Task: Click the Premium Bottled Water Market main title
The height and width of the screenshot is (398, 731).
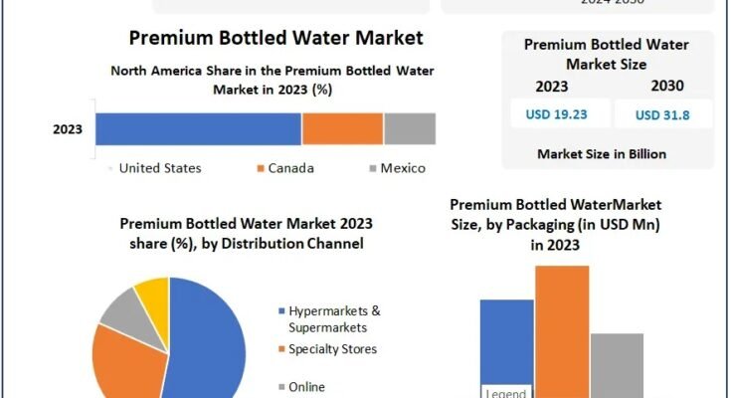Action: (275, 38)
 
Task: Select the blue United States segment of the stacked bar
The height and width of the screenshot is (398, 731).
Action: (198, 128)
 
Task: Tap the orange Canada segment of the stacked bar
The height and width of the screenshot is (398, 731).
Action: (342, 128)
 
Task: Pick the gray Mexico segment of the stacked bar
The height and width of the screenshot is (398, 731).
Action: (410, 128)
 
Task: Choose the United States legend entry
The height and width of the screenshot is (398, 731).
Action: (159, 168)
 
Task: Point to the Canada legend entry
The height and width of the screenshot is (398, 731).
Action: (287, 168)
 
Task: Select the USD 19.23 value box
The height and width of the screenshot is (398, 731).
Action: (556, 113)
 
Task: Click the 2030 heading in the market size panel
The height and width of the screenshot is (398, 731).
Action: (666, 86)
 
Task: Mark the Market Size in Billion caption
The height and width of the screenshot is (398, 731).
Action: (601, 154)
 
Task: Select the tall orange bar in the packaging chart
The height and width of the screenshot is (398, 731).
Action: (562, 328)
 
